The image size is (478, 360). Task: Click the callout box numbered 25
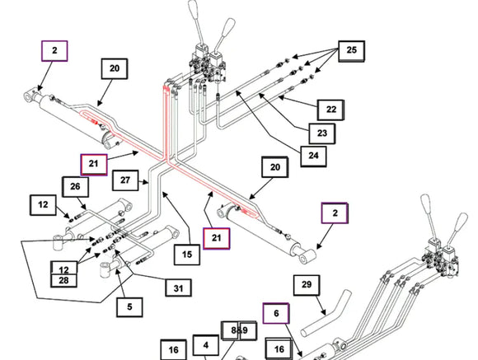click(x=351, y=51)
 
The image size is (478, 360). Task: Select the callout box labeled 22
click(x=330, y=110)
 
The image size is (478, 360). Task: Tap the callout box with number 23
click(x=322, y=133)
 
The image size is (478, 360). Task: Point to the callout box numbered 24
click(x=313, y=156)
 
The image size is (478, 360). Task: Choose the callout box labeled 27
click(x=125, y=180)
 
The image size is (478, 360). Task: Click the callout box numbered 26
click(x=75, y=187)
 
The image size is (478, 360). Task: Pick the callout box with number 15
click(x=187, y=255)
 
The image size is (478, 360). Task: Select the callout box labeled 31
click(x=178, y=288)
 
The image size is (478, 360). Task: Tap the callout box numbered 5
click(x=129, y=307)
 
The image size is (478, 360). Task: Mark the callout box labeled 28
click(x=63, y=280)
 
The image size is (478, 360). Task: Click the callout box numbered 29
click(x=307, y=285)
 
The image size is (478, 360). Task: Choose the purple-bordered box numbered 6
click(x=276, y=313)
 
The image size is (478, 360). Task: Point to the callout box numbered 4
click(x=206, y=345)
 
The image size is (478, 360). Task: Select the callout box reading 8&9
click(x=239, y=330)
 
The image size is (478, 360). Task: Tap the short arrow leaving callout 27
click(x=143, y=182)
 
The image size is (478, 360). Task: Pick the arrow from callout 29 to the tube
click(x=320, y=305)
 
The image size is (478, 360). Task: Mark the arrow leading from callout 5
click(x=121, y=283)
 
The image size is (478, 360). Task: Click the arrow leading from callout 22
click(x=298, y=102)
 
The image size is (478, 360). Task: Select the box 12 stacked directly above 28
click(x=63, y=268)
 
